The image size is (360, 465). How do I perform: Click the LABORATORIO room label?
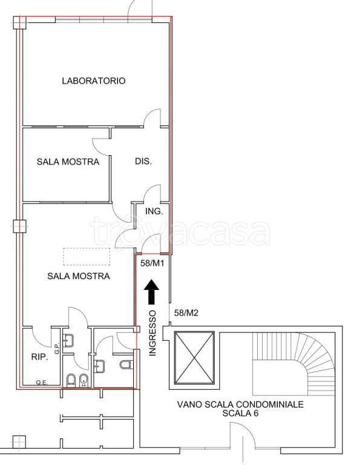(94, 81)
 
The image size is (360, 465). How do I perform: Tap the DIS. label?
(143, 162)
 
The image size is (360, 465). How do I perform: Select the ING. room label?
(152, 211)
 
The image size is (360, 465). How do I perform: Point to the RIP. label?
(40, 357)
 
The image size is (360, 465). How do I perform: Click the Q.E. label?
(42, 381)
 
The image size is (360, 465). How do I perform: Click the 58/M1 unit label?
(153, 263)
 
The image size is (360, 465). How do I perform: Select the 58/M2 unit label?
(186, 312)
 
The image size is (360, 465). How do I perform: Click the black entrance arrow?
(152, 293)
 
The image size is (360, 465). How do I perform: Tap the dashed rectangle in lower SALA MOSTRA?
(87, 257)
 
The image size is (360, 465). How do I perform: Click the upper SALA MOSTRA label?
(68, 162)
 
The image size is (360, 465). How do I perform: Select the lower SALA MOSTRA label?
(79, 276)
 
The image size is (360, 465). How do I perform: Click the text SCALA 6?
(240, 414)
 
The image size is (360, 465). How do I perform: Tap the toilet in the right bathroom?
(126, 365)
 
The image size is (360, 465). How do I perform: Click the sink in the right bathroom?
(99, 365)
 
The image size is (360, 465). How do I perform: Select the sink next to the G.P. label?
(68, 340)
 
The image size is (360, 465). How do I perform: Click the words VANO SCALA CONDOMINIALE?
(240, 404)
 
